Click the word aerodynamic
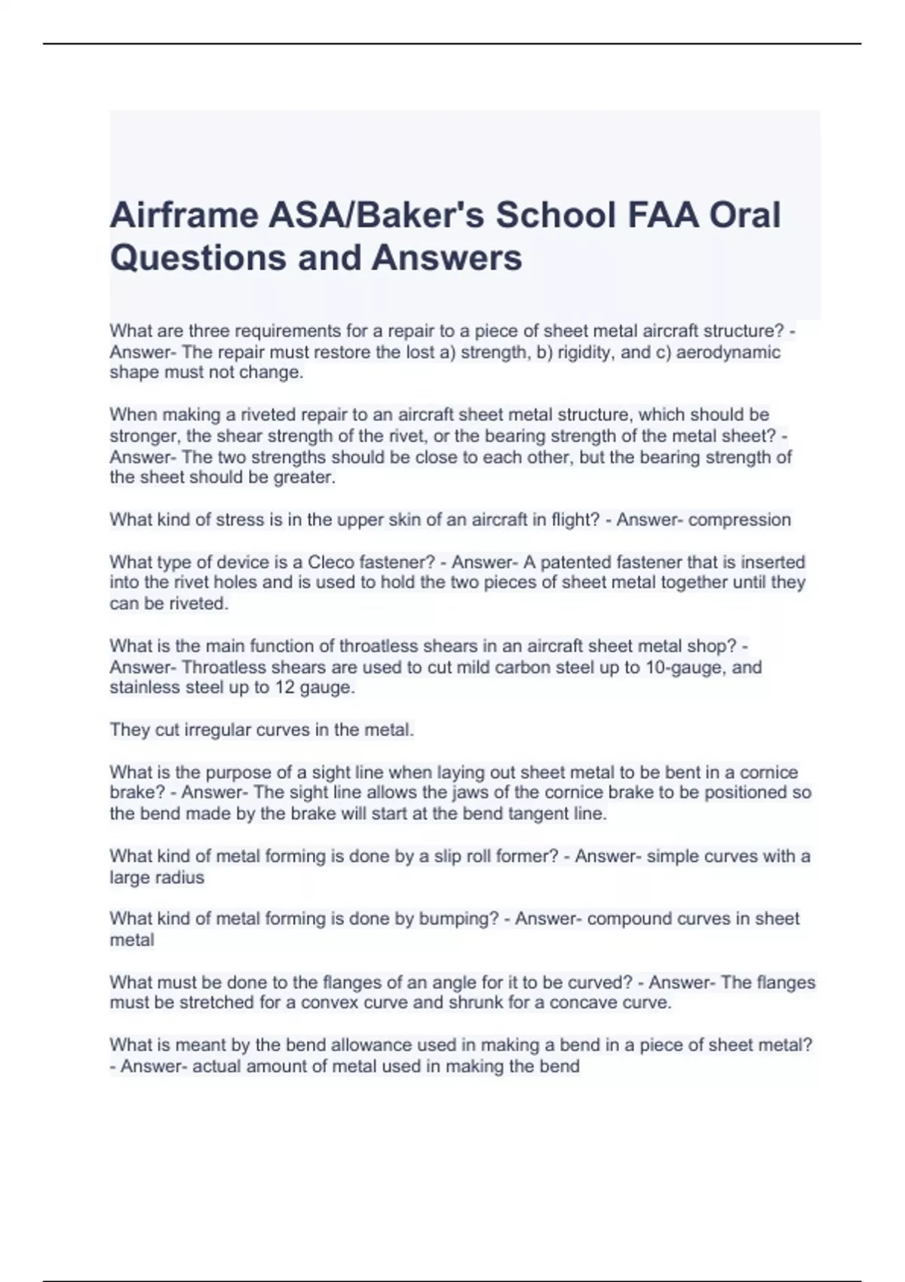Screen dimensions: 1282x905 click(729, 352)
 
